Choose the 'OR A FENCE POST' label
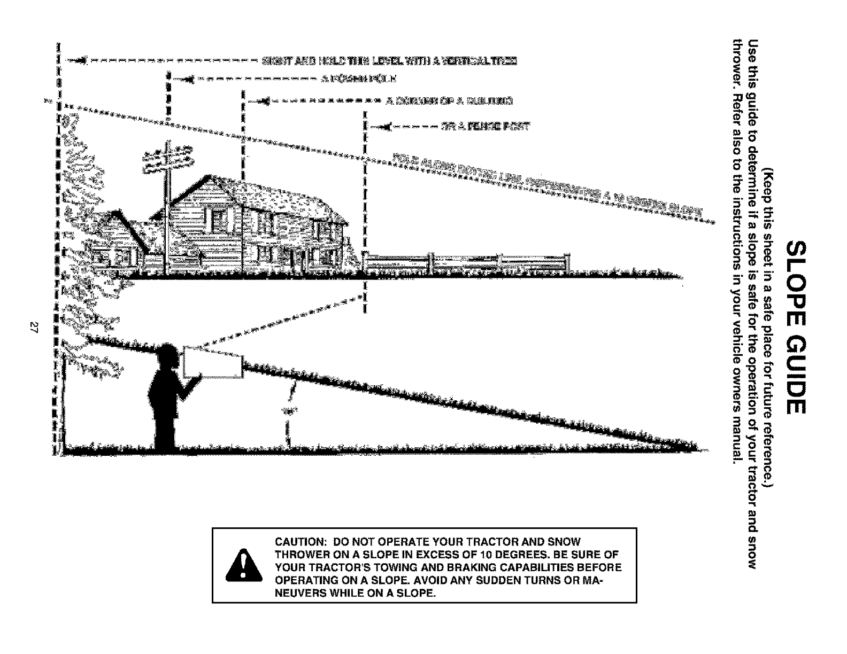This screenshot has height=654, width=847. click(484, 127)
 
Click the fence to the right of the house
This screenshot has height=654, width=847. click(465, 262)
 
